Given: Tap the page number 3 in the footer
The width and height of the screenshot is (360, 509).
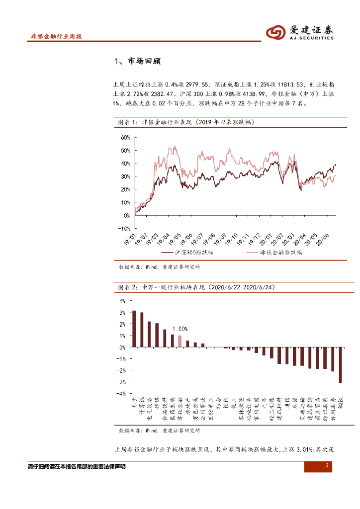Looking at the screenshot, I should tap(327, 465).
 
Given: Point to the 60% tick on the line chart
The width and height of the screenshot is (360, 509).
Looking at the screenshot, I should tap(124, 137).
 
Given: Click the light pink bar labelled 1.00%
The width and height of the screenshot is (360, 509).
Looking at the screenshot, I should tap(180, 341).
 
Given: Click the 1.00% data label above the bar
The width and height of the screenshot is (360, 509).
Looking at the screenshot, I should tap(180, 329).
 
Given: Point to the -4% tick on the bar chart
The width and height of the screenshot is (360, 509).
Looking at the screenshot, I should tap(122, 393).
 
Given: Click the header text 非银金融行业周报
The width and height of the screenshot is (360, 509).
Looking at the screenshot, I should tap(56, 36).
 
